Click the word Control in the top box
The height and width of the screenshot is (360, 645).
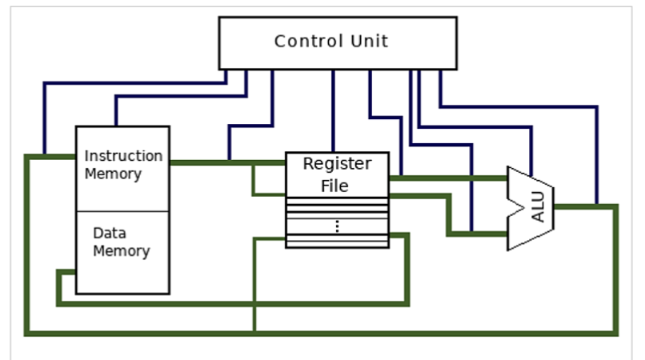304,41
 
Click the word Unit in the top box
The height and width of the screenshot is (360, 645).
367,41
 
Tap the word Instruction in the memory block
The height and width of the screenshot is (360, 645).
123,155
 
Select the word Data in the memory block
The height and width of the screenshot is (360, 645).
109,234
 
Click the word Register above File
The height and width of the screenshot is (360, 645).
337,164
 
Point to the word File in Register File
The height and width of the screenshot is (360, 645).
337,186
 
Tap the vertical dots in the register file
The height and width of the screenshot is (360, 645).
337,226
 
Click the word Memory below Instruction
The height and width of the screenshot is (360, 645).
113,174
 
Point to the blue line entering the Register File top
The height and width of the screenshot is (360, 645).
333,112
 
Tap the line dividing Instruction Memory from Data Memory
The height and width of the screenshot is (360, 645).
122,211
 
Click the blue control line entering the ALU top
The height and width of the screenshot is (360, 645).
531,148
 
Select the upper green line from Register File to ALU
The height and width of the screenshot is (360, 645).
448,178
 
